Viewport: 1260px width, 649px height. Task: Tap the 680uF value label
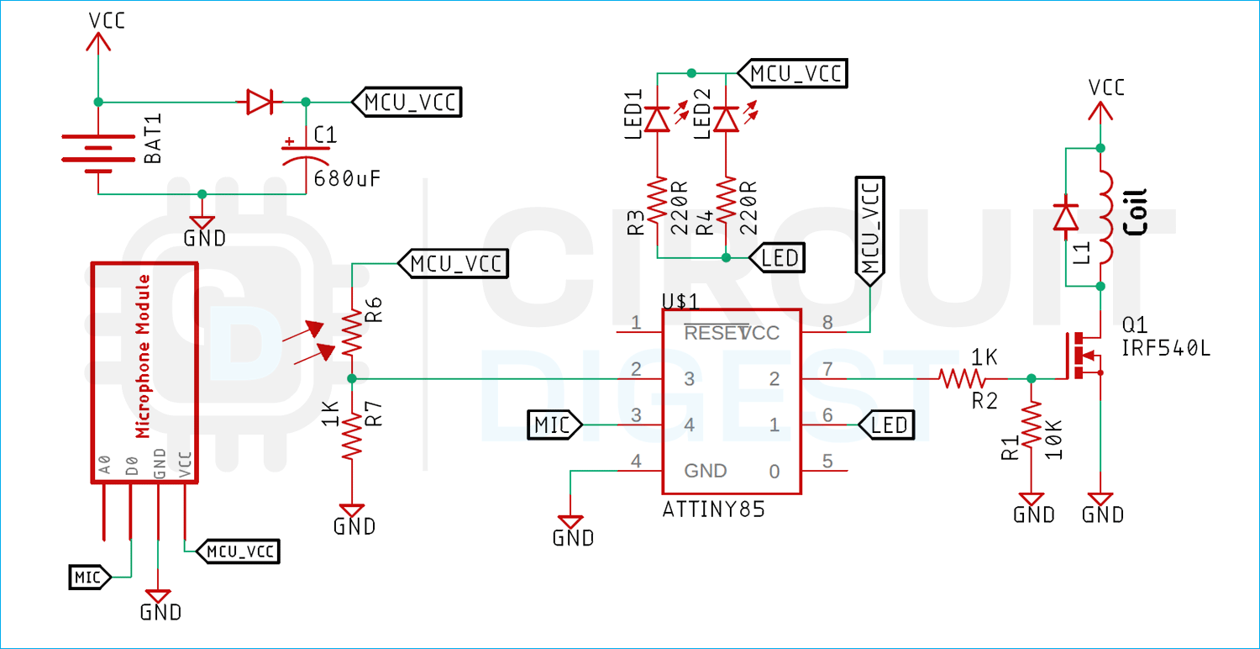point(347,178)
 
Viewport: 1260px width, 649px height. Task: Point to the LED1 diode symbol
point(658,119)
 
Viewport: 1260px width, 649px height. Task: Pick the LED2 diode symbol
point(727,119)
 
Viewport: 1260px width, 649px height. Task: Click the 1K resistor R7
point(351,435)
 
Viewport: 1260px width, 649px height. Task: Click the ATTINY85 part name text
point(713,509)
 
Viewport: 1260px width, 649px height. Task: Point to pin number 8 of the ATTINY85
point(827,322)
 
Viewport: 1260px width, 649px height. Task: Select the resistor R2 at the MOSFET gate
point(962,379)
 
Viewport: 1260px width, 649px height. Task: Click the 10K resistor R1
point(1032,435)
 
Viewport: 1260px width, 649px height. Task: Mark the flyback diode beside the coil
point(1066,216)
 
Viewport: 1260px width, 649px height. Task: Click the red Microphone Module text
point(143,356)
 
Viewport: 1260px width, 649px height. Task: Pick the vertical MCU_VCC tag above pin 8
point(870,231)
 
